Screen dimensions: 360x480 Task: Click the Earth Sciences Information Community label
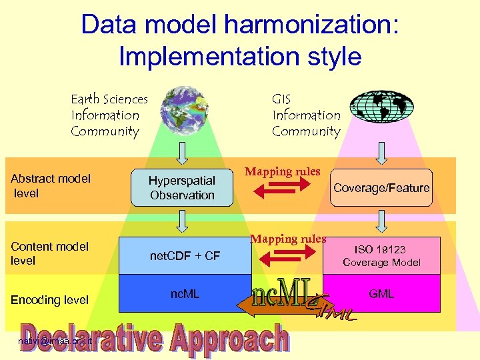(x=109, y=115)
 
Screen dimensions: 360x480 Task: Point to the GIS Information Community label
(x=306, y=115)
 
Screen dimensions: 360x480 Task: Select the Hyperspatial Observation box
(x=182, y=187)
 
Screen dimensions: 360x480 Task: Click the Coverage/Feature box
(x=381, y=188)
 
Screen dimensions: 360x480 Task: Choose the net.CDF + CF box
(x=185, y=255)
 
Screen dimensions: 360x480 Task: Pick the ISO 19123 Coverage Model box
(x=381, y=255)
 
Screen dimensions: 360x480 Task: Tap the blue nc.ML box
(x=185, y=293)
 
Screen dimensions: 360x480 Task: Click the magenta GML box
(x=381, y=293)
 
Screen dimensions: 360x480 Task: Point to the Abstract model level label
(x=51, y=185)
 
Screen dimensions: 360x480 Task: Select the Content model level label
(x=49, y=253)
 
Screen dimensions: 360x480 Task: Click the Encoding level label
(x=49, y=299)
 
